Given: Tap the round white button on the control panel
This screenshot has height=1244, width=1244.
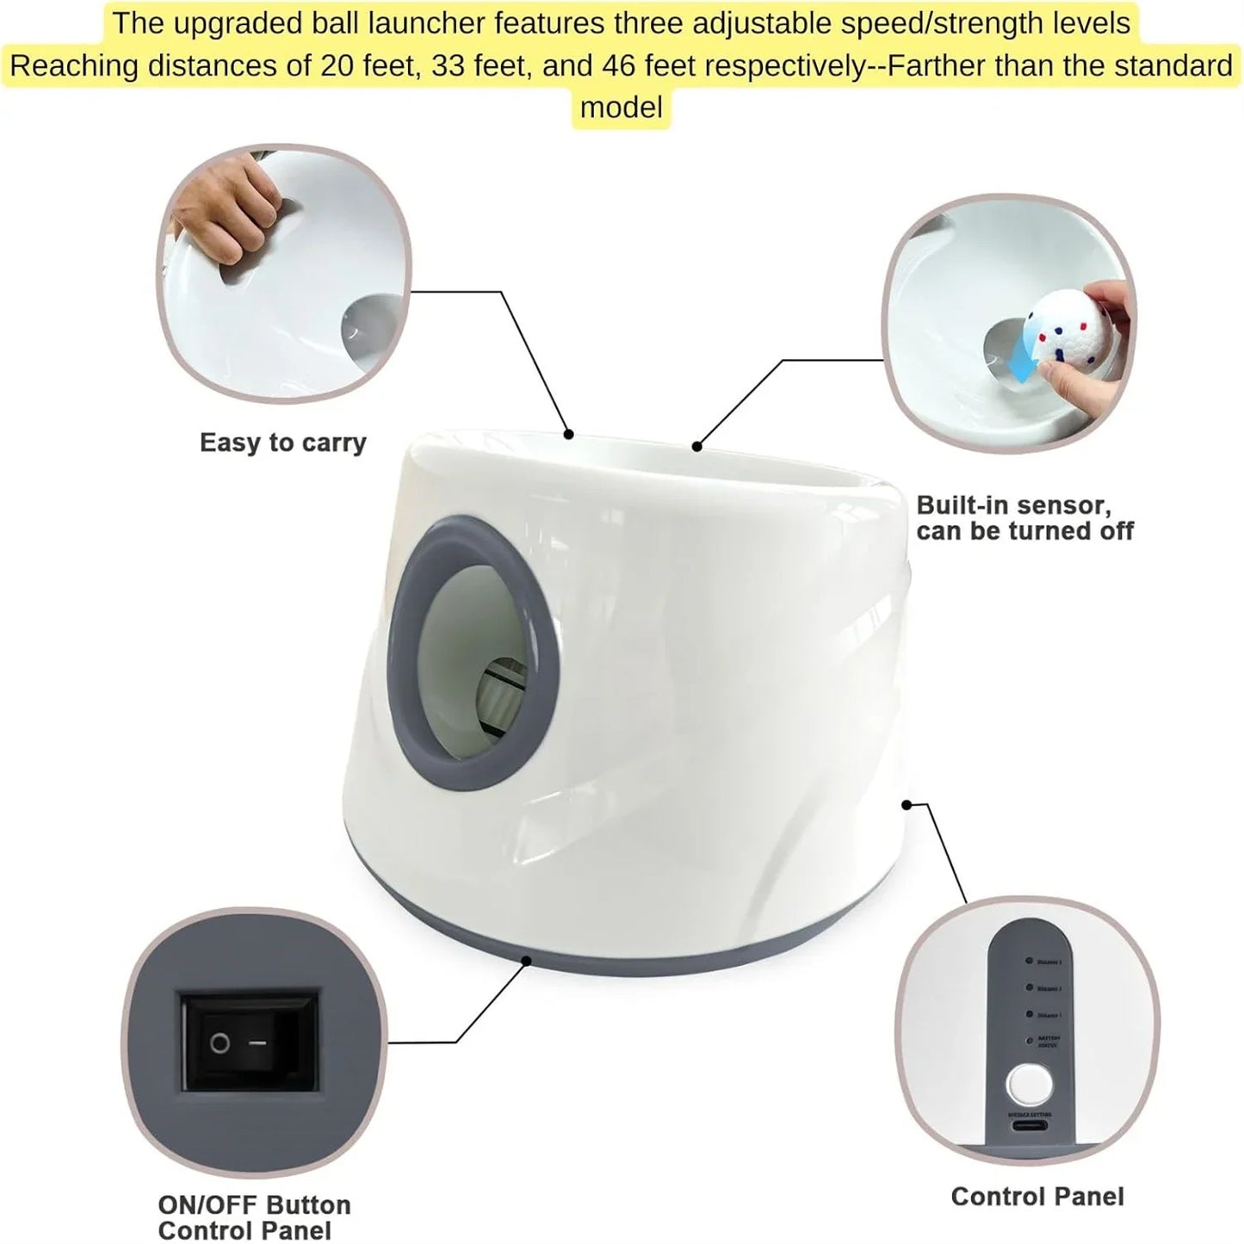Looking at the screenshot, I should click(1028, 1084).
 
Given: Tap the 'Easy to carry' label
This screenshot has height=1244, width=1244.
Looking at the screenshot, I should click(283, 443).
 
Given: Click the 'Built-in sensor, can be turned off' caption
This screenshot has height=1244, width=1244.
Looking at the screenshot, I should click(1024, 517).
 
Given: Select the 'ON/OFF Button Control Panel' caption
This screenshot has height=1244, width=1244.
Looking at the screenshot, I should click(254, 1216).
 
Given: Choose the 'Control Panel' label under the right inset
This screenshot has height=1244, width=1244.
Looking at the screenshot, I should click(1037, 1196).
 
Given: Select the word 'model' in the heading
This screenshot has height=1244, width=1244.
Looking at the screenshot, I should click(621, 108).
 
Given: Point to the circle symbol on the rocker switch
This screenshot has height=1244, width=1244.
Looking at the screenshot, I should click(220, 1043).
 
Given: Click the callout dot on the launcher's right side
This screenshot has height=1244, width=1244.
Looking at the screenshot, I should click(906, 804).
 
